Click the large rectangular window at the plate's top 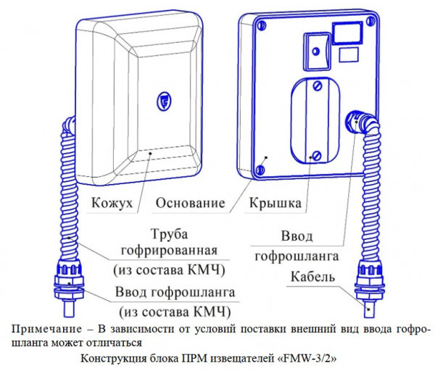[347, 31]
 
